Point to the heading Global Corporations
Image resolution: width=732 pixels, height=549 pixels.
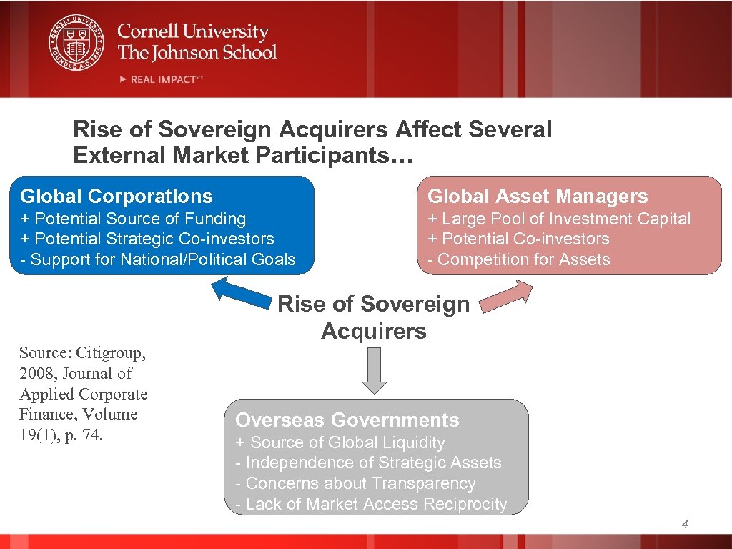click(x=117, y=197)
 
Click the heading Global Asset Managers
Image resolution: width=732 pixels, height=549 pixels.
click(x=538, y=197)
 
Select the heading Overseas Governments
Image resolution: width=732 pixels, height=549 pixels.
click(x=347, y=420)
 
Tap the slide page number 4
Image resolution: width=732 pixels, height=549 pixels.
click(x=685, y=525)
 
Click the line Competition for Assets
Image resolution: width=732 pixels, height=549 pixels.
click(x=519, y=259)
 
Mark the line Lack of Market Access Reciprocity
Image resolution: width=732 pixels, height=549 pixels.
click(x=371, y=504)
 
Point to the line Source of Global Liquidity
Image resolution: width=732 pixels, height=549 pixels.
click(x=340, y=443)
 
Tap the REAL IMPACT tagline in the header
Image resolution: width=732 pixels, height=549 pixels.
click(x=162, y=79)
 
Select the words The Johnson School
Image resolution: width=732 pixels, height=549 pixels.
click(x=197, y=52)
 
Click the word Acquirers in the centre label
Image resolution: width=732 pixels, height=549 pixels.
click(x=374, y=332)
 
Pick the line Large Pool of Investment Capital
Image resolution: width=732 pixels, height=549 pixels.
click(x=559, y=219)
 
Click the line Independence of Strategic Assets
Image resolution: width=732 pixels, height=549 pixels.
click(x=369, y=463)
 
